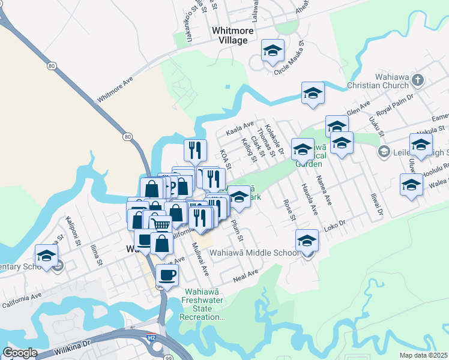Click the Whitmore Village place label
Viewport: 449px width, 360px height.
229,35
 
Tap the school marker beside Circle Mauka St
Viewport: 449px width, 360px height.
273,51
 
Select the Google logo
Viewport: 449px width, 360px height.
20,353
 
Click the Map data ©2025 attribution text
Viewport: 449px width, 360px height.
424,355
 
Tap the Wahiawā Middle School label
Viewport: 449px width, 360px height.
254,253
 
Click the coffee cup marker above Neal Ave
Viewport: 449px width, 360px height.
167,275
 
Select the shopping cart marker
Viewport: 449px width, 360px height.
160,224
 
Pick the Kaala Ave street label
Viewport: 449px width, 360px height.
240,127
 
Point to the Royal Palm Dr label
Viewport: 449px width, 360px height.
395,104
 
